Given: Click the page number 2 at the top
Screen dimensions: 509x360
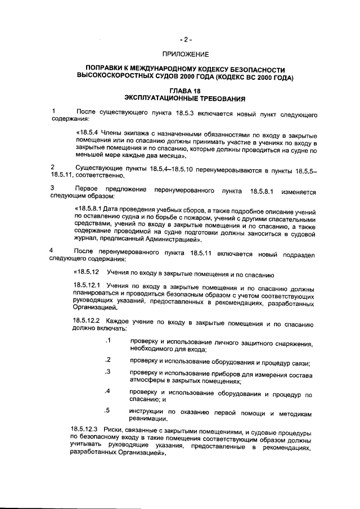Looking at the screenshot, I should [186, 39].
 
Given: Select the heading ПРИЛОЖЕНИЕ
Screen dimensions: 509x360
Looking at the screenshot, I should [185, 55].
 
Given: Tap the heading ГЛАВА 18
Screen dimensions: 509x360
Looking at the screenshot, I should [185, 91].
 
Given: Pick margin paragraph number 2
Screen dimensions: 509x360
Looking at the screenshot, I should [52, 168].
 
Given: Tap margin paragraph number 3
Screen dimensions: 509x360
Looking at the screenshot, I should [52, 187].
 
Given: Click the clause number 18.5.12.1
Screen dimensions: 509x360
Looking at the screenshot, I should [86, 286].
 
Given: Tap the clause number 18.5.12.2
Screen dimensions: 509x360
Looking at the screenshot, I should [86, 325].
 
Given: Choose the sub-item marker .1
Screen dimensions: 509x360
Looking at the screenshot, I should [108, 341].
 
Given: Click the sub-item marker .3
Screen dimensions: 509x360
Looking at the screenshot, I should [108, 372].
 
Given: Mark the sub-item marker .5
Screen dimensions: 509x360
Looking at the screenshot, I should [108, 410].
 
